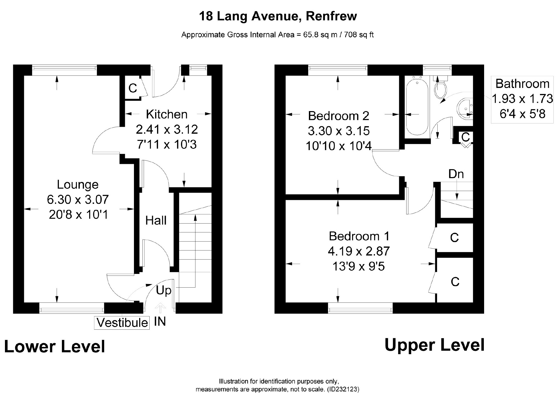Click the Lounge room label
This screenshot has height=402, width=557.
coord(78,185)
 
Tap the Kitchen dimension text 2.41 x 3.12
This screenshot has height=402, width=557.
coord(167,130)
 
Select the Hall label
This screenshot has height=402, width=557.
coord(156,221)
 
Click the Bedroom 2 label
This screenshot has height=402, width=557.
coord(338,116)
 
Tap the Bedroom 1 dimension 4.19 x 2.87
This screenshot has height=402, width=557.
coord(359,251)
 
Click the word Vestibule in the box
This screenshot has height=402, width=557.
coord(122,323)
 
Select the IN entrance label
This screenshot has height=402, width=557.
coord(160,321)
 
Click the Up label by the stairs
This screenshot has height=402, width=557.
coord(164,290)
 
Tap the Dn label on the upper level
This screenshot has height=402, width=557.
coord(456,174)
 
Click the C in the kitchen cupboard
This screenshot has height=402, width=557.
coord(133,88)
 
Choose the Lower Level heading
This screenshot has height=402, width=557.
coord(55,346)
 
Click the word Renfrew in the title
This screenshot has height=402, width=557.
coord(331,16)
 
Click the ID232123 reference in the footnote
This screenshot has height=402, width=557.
coord(343,389)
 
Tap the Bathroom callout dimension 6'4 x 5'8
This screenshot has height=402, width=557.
coord(522,114)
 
